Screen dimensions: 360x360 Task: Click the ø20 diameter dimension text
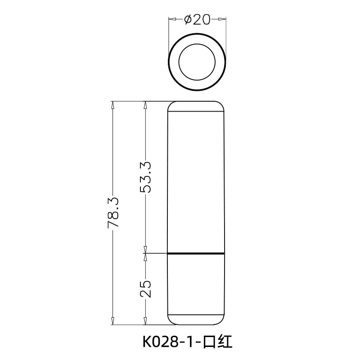tap(197, 19)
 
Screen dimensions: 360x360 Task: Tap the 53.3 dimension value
tap(145, 177)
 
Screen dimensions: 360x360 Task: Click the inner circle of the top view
tap(196, 62)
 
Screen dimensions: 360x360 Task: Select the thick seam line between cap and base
tap(196, 253)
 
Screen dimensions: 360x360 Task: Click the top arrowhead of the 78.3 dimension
tap(112, 104)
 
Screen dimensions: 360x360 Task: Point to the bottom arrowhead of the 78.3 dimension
tap(112, 321)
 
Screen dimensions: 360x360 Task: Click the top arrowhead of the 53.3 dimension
tap(145, 104)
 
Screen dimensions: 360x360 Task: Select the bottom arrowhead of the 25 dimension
tap(145, 321)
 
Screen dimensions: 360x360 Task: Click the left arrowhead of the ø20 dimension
tap(171, 19)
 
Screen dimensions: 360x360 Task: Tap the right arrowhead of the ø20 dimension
tap(222, 19)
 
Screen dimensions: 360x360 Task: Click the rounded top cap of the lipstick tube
tap(196, 106)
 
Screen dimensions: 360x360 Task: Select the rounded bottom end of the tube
tap(196, 319)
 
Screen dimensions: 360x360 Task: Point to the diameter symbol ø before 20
tap(189, 19)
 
